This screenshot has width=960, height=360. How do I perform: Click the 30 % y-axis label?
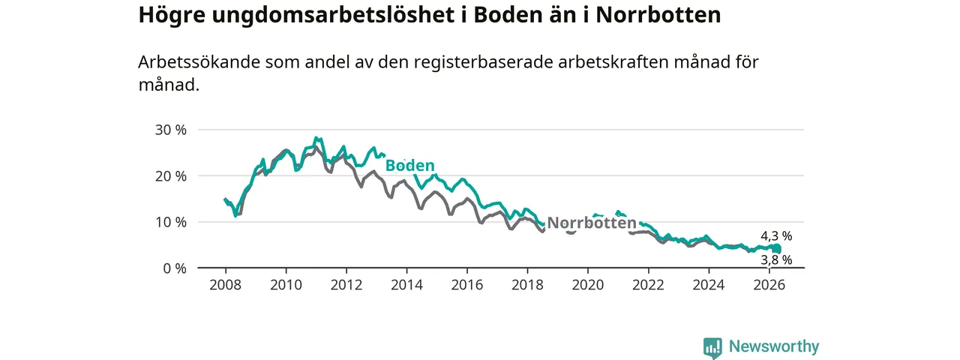[x=170, y=130]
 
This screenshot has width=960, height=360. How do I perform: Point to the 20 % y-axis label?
[x=170, y=175]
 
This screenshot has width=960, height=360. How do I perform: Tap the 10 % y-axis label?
[x=170, y=222]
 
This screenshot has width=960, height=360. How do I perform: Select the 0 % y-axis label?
[x=175, y=268]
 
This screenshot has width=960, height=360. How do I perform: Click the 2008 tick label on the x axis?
[x=226, y=285]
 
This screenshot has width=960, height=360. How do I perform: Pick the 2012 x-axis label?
[x=346, y=285]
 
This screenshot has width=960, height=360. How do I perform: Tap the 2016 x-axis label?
[x=467, y=285]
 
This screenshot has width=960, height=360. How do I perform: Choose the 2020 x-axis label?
[x=588, y=285]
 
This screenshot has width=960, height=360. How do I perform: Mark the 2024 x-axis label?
[x=709, y=285]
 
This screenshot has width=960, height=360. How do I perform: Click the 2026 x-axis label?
[x=769, y=285]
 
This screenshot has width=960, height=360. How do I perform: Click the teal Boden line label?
[x=409, y=166]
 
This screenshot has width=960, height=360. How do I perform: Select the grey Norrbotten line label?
[x=592, y=223]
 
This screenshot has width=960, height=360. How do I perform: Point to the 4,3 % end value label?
[x=776, y=236]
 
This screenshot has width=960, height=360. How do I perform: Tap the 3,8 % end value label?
[x=776, y=260]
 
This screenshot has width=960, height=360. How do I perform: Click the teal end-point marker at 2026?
[x=777, y=248]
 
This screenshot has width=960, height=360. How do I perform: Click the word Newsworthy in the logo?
[x=774, y=346]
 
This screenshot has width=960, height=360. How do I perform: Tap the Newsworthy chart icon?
[x=712, y=347]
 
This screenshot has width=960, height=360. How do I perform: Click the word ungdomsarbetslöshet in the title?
[x=333, y=15]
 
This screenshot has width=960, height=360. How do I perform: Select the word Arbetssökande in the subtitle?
[x=199, y=62]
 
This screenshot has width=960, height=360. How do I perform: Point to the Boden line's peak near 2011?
[x=316, y=137]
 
